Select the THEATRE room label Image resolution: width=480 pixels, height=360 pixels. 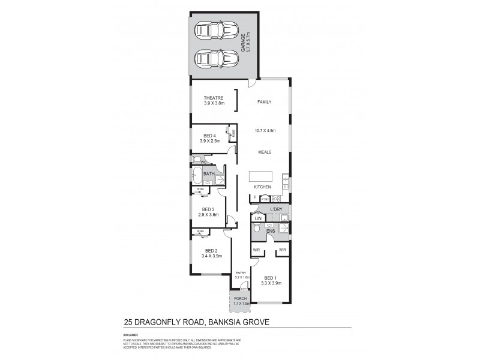coord(213,98)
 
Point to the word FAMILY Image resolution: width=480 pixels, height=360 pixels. coord(265,103)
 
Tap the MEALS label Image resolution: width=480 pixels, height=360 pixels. coord(265,152)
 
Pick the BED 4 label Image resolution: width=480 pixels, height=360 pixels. coord(209,135)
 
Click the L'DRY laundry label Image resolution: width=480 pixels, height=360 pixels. coord(276,209)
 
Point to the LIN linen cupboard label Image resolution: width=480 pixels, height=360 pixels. coord(257,218)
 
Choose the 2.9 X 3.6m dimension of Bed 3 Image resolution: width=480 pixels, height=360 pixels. coord(208,215)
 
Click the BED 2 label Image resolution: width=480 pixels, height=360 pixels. coord(210,251)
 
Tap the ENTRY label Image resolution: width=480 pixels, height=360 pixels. coord(241,273)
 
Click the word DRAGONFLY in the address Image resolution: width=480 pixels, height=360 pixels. coord(169,322)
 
